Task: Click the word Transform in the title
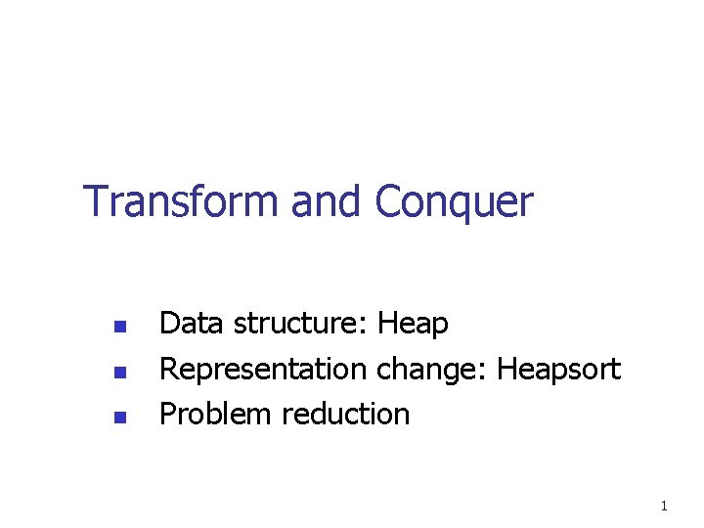[181, 200]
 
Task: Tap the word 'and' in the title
[326, 200]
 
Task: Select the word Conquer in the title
[455, 203]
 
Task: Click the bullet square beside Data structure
[120, 327]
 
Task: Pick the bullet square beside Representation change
[120, 373]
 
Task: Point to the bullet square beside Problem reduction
[120, 418]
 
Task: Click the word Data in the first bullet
[192, 323]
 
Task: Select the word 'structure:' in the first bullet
[300, 323]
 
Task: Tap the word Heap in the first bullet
[413, 325]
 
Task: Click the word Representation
[263, 370]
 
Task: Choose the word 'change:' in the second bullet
[431, 370]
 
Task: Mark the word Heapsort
[559, 370]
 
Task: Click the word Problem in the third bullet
[215, 414]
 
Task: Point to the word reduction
[346, 414]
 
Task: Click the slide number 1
[664, 506]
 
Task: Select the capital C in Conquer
[388, 200]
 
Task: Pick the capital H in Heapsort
[506, 369]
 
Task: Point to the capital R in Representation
[169, 369]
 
